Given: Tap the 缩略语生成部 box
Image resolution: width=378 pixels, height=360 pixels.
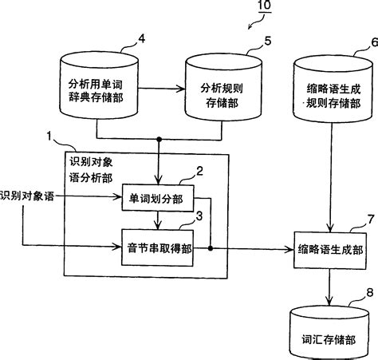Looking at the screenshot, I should point(330,250).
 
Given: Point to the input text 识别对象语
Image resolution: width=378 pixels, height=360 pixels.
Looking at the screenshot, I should point(28,196).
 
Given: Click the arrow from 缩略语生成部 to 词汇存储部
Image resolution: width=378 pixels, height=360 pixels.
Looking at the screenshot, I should point(330,286).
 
